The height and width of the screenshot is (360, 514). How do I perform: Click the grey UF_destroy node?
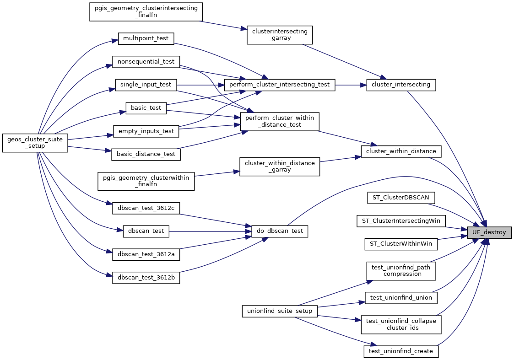pos(489,232)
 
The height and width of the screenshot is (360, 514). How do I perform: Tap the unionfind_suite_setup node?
pos(280,311)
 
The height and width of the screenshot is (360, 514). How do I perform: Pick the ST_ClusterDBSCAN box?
pos(401,198)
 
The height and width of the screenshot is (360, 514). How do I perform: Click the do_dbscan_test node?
pos(280,231)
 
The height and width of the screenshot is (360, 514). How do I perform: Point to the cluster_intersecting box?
pos(401,85)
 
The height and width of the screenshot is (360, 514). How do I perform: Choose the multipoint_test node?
pos(146,38)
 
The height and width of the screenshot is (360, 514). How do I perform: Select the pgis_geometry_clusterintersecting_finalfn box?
pos(146,12)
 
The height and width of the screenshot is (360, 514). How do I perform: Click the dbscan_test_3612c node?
pos(146,208)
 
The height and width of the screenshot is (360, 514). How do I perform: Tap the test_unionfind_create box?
pos(401,351)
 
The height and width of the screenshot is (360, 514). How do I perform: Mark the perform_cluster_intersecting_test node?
pos(279,85)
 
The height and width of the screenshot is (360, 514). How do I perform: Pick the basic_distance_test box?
pos(146,154)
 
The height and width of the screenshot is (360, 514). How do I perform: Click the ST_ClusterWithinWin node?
pos(401,244)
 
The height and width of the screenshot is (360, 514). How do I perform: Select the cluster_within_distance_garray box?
pos(280,167)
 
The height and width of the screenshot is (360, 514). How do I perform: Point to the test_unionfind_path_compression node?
pos(401,270)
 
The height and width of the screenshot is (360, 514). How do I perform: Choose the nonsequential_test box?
pos(146,61)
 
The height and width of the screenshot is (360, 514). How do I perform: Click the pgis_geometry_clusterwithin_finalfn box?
pos(146,181)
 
